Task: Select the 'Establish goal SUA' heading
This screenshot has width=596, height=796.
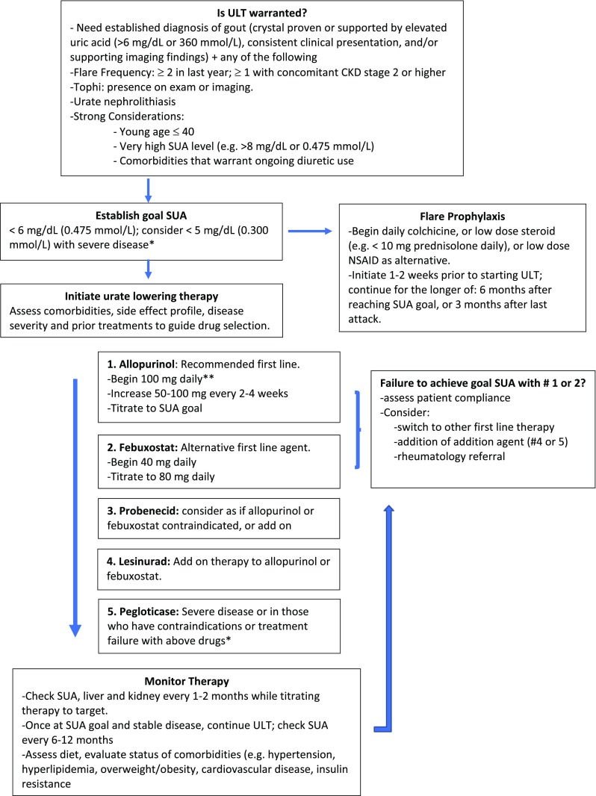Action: (x=142, y=213)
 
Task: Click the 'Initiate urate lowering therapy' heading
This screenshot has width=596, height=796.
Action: (x=142, y=295)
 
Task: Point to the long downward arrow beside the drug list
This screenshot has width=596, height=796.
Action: (x=75, y=508)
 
